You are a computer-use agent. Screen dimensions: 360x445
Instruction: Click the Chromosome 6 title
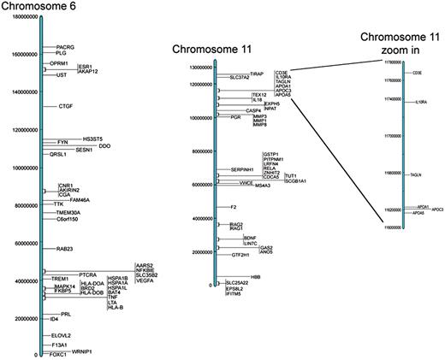pos(40,8)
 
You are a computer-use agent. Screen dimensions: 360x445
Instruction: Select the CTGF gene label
pos(66,106)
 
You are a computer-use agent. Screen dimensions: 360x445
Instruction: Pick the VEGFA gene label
pos(145,281)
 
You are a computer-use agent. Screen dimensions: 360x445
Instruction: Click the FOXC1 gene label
pos(58,353)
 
